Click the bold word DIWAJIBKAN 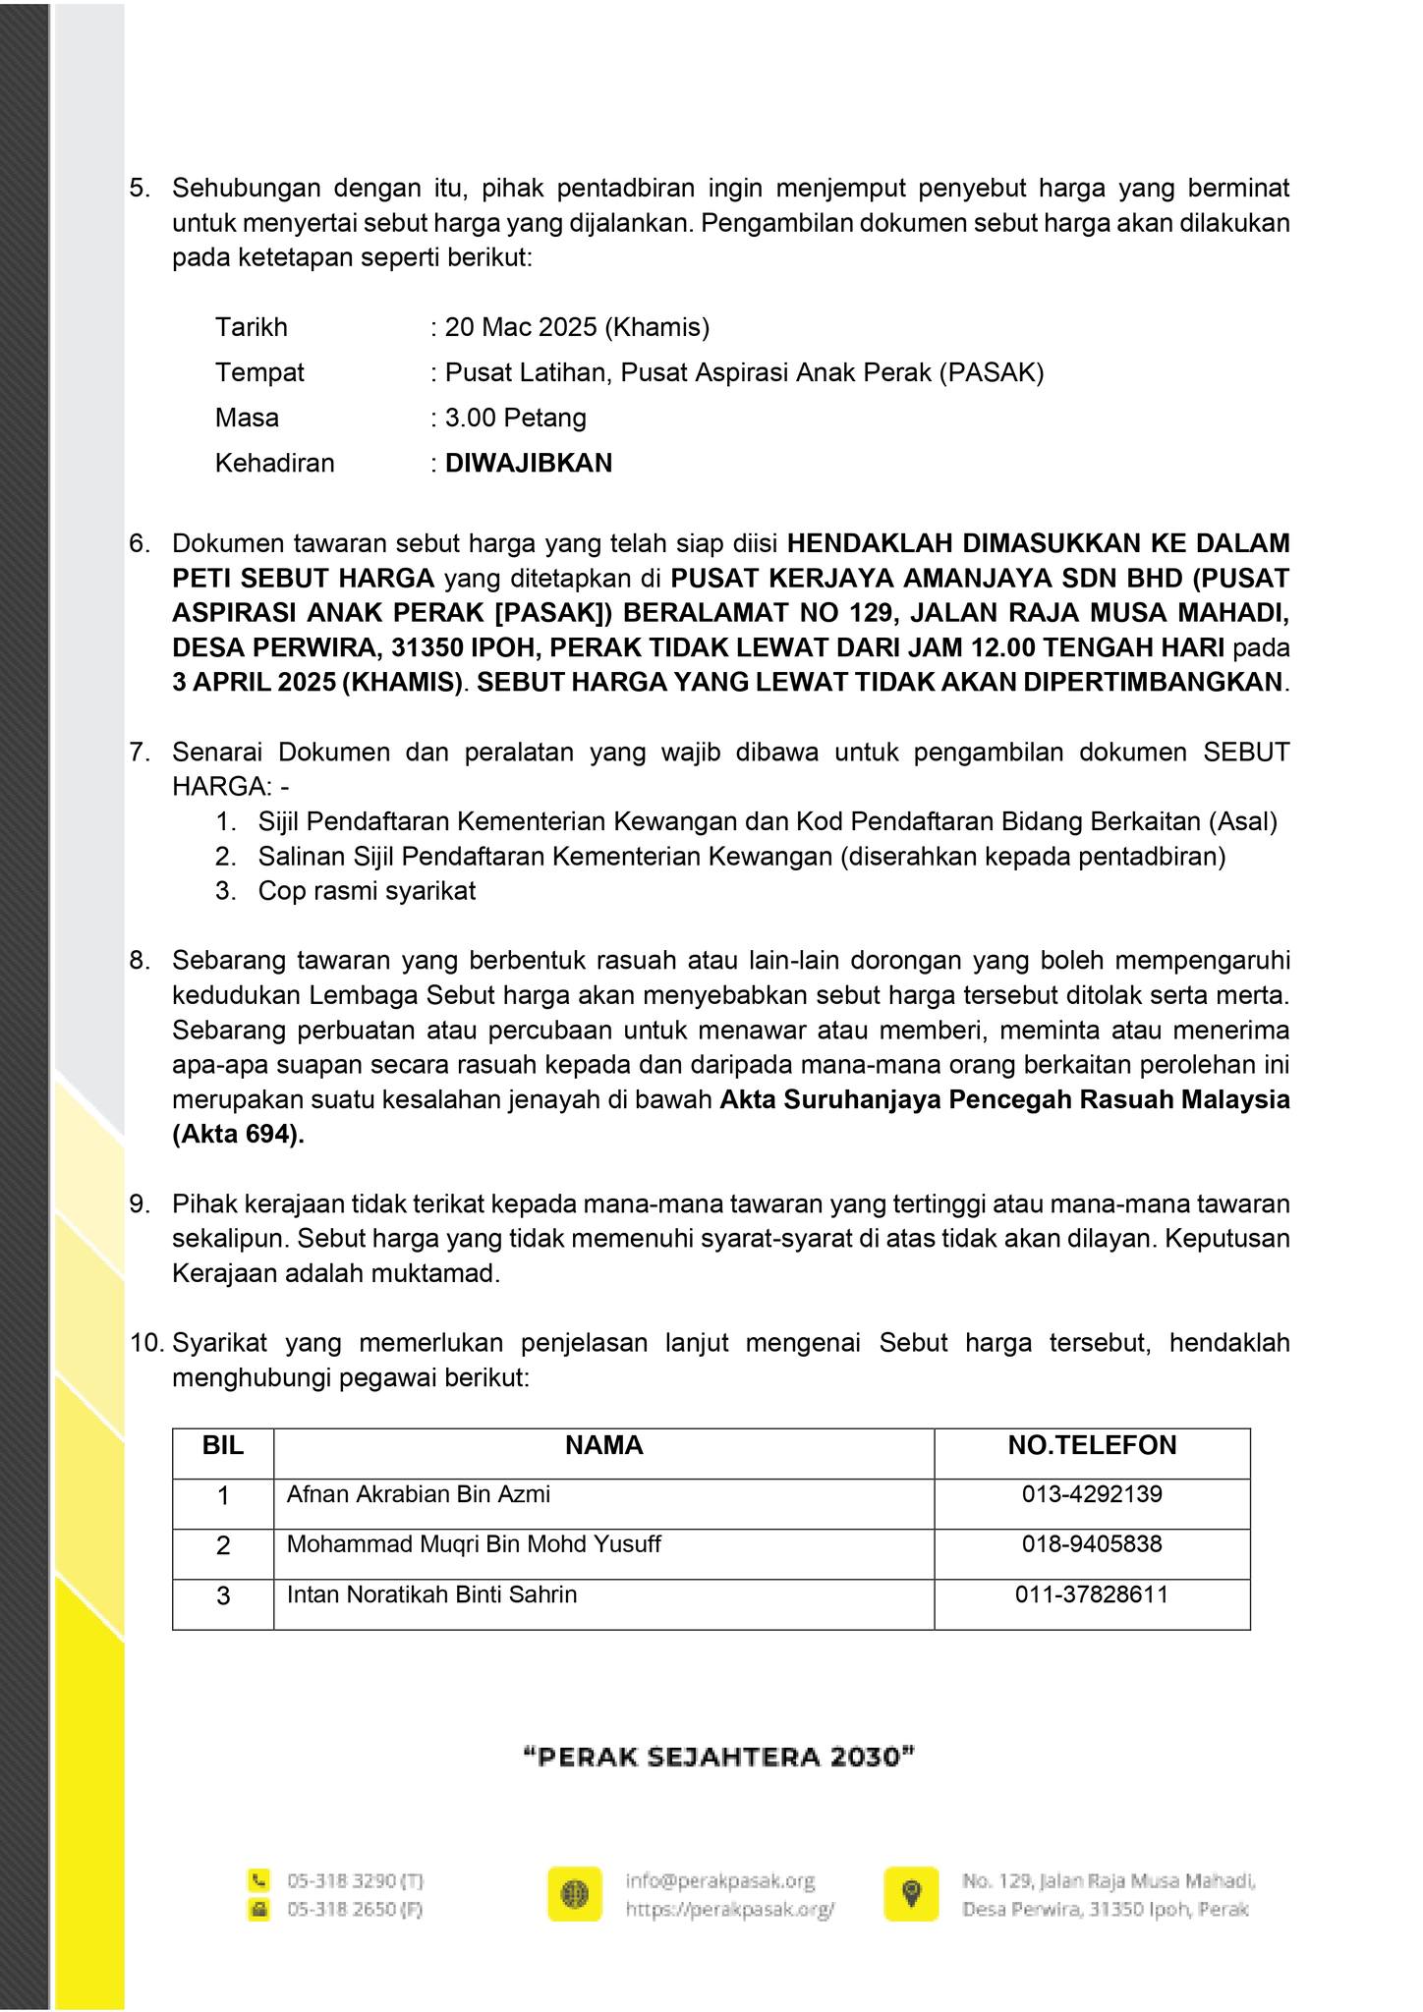point(529,463)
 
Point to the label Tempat point(259,372)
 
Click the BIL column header point(223,1444)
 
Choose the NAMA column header point(603,1444)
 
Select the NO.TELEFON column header point(1092,1444)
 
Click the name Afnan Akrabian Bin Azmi point(418,1494)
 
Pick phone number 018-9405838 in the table point(1092,1543)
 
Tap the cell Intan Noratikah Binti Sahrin point(431,1593)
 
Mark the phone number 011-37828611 point(1092,1593)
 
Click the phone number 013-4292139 point(1092,1494)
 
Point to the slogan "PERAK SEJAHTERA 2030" point(719,1757)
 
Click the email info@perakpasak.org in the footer point(720,1880)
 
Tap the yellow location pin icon point(911,1894)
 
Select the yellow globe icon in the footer point(575,1894)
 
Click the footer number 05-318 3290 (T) point(355,1881)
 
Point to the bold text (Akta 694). point(238,1134)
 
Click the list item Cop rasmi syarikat point(367,891)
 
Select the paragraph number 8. point(139,960)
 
